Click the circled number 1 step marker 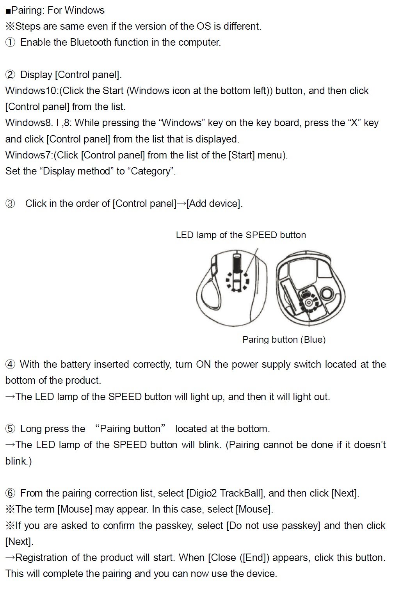(x=10, y=42)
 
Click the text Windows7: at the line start (x=29, y=155)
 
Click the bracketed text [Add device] (x=214, y=203)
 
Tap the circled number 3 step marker (x=10, y=203)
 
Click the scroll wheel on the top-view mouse (x=237, y=262)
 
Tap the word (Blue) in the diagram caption (x=313, y=339)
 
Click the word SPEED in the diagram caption (x=261, y=235)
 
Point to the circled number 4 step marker (x=10, y=365)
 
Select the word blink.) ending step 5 (x=18, y=461)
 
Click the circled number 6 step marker (x=10, y=493)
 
